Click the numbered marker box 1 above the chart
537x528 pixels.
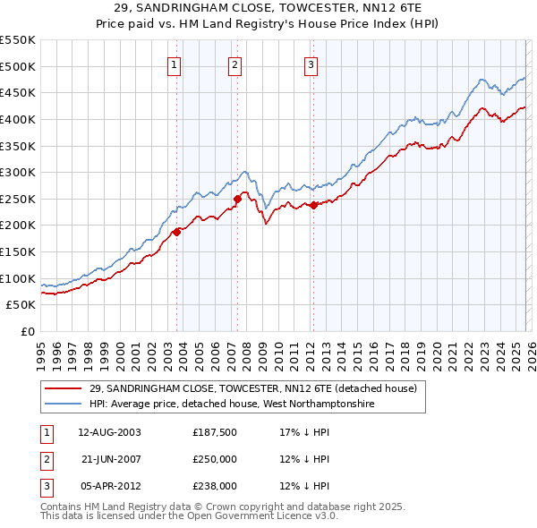click(173, 64)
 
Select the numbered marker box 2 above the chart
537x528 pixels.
click(234, 64)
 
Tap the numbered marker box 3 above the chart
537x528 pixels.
click(311, 64)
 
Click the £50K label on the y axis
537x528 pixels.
click(21, 305)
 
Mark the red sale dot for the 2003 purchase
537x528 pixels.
click(176, 232)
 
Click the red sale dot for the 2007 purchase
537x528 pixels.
click(238, 199)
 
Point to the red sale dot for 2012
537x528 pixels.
click(313, 205)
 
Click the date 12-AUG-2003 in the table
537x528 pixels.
click(109, 431)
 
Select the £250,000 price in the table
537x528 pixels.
click(215, 458)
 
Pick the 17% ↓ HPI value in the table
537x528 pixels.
click(304, 431)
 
